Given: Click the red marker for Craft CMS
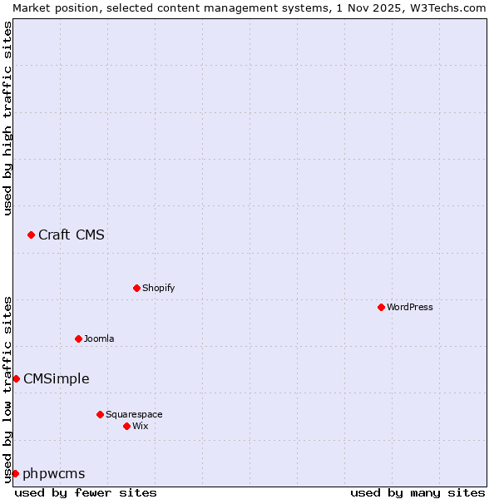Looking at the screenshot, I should tap(31, 235).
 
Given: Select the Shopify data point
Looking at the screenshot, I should tap(136, 288).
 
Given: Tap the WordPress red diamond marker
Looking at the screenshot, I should tap(381, 307).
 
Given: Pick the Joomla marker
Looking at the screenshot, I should tap(78, 338).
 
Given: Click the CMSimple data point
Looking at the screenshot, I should tap(16, 378).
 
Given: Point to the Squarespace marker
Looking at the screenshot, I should tap(100, 414).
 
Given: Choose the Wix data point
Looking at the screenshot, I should tap(126, 426).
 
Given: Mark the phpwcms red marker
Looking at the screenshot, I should tap(15, 473).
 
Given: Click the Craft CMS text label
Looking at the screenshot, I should tap(72, 235).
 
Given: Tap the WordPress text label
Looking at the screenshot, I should tap(410, 307).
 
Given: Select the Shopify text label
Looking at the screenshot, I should tap(158, 288).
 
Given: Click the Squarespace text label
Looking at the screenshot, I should tap(134, 414).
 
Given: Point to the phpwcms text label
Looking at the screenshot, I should tap(54, 473).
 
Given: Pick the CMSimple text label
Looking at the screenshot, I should tap(57, 378).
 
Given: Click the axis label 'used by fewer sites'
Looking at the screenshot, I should tap(86, 492).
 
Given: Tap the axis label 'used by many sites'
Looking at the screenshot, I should tap(417, 492).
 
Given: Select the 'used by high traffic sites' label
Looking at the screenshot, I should tap(8, 118).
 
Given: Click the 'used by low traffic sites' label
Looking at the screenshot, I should tap(8, 388).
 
